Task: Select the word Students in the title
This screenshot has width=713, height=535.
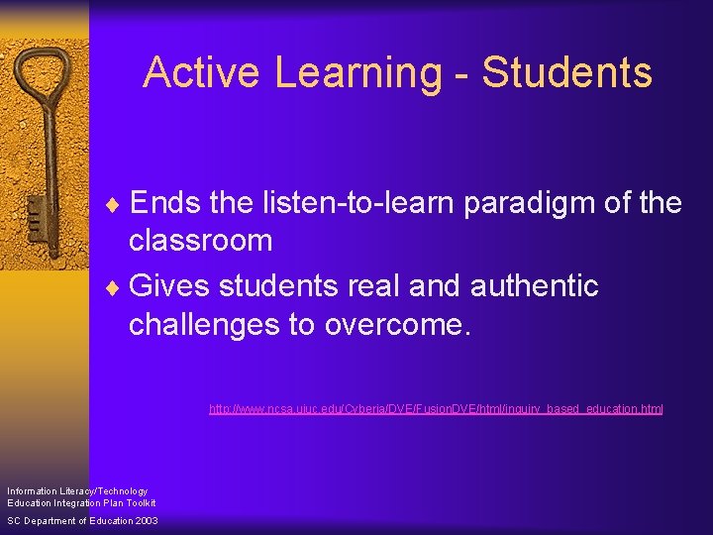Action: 567,73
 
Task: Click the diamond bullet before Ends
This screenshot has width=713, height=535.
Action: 120,204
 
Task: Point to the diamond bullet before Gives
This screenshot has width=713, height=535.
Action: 120,287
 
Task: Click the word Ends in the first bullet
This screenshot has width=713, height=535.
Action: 165,203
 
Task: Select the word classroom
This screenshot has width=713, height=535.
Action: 200,240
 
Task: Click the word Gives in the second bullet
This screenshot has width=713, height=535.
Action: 169,286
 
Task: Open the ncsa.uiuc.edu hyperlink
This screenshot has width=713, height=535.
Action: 436,408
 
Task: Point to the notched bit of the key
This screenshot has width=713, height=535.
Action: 34,212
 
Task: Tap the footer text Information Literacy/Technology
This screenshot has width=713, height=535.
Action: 77,490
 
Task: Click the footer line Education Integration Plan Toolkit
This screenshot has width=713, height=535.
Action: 81,502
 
